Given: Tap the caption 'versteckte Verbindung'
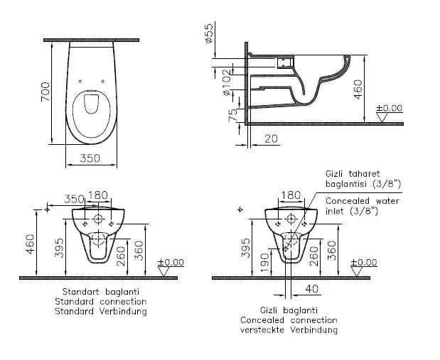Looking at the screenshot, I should tap(289, 330).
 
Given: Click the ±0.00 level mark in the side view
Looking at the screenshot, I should tap(390, 108).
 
